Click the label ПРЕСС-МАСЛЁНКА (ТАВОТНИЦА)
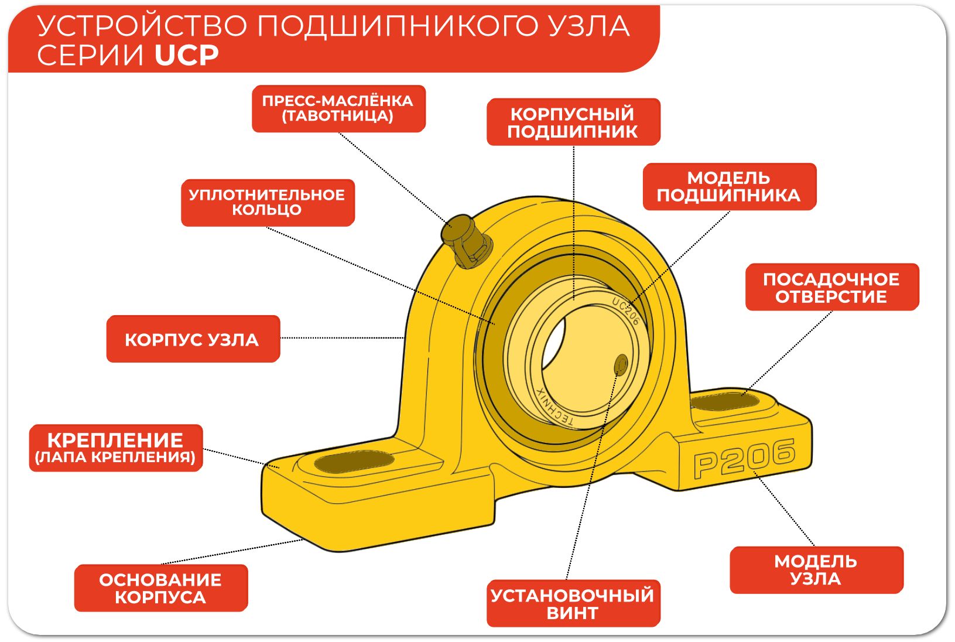(338, 108)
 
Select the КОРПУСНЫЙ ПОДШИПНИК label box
(573, 122)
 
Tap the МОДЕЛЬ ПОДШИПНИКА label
(729, 186)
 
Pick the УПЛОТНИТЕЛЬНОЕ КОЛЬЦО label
(268, 203)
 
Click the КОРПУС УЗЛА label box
(193, 339)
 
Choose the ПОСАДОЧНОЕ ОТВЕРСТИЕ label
(831, 287)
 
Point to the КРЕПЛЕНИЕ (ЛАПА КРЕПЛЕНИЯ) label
(116, 448)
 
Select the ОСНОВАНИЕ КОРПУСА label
(161, 588)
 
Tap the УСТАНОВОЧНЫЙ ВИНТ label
(573, 603)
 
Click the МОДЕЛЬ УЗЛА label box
(816, 570)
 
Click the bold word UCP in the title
(187, 55)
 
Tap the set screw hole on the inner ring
(621, 365)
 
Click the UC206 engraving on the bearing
(626, 310)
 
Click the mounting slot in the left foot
(354, 461)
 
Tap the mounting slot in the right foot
(725, 402)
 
